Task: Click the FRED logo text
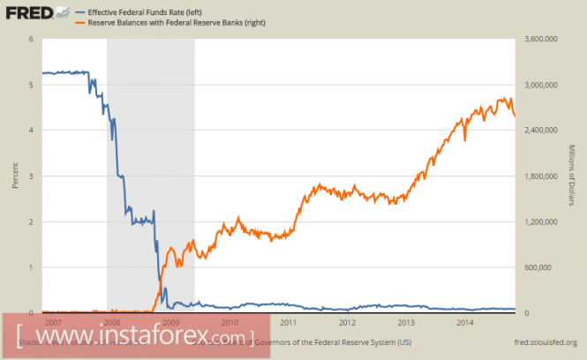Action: (x=27, y=12)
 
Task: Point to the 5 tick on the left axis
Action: (x=31, y=85)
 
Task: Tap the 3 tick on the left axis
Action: (x=31, y=176)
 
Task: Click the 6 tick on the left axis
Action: (x=31, y=40)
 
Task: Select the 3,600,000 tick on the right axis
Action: (x=542, y=40)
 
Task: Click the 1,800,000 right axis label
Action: (x=542, y=176)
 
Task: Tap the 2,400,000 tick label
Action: (x=542, y=131)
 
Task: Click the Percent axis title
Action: (x=15, y=176)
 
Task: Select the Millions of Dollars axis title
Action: (x=571, y=176)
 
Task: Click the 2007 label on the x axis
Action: (x=53, y=323)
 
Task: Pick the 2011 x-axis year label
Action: (x=289, y=323)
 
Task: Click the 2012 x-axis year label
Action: (x=348, y=323)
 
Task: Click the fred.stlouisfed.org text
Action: (x=546, y=342)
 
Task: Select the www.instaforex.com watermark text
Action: (x=132, y=336)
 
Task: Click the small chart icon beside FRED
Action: (x=62, y=12)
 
